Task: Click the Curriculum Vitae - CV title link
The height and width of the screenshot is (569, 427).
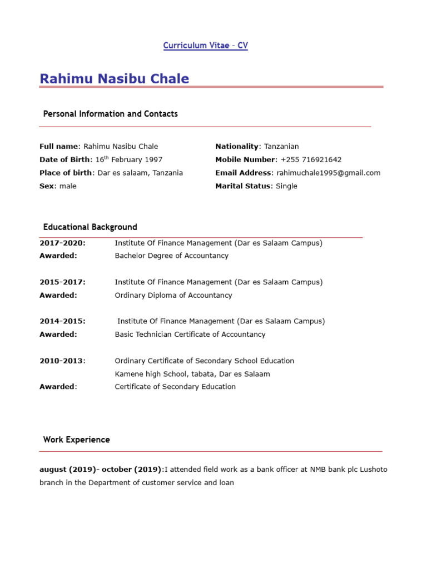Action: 205,46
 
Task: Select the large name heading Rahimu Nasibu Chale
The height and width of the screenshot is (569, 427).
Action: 114,79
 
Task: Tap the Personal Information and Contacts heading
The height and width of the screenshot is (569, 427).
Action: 110,114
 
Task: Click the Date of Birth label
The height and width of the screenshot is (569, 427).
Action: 64,160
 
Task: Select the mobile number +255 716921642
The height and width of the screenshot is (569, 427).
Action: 311,160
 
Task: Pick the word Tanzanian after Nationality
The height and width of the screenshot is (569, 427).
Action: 281,147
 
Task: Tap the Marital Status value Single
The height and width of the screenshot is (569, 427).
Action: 286,186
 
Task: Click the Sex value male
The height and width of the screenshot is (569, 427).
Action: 68,186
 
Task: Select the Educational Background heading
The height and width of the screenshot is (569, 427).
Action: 90,227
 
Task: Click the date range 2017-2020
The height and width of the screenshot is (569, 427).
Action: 62,243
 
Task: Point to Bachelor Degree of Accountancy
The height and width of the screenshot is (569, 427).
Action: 171,256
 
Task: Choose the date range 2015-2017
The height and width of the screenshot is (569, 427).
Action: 62,282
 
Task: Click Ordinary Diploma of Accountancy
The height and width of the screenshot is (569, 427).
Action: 173,296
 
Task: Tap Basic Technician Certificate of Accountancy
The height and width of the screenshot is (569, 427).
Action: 190,335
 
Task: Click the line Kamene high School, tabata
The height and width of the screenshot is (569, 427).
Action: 192,374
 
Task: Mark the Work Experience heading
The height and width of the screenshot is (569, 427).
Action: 77,440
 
